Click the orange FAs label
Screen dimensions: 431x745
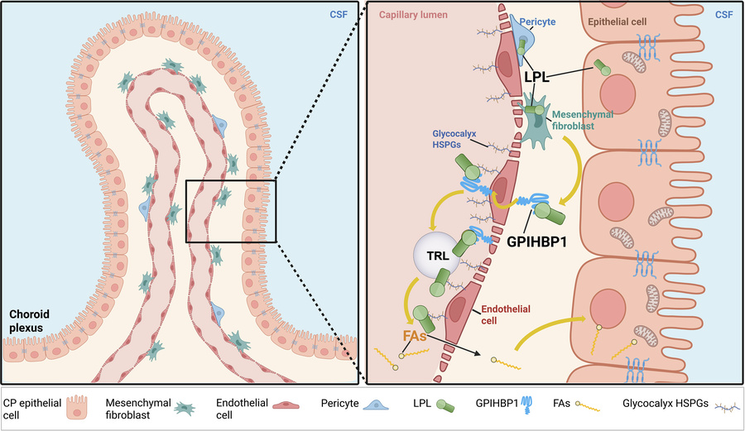[416, 338]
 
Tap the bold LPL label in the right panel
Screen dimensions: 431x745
[539, 76]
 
